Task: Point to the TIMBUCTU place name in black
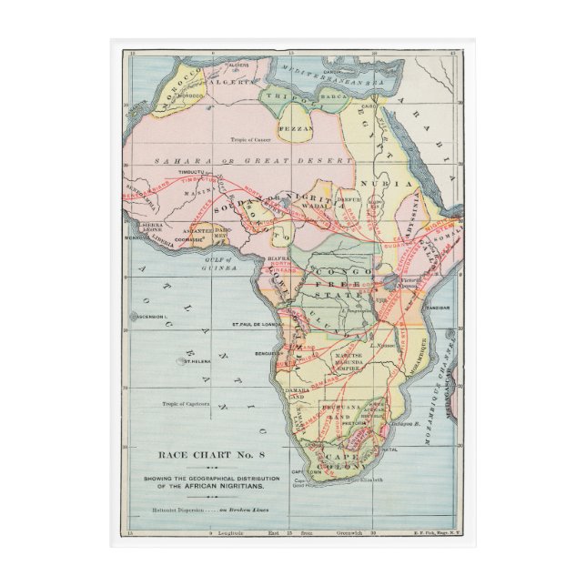[194, 172]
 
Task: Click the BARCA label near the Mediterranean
[334, 92]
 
